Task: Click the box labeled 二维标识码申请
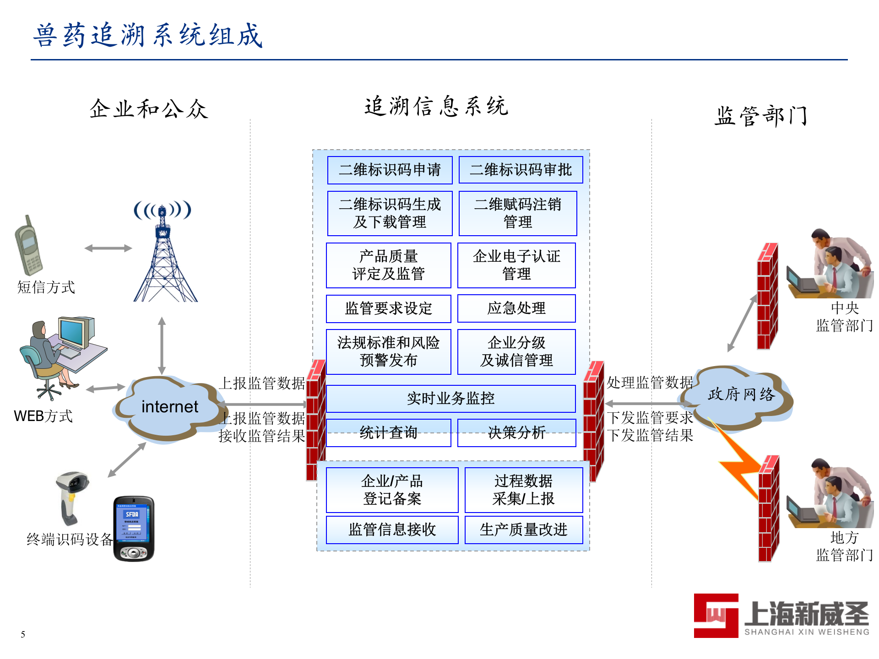pyautogui.click(x=390, y=170)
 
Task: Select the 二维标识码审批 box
pyautogui.click(x=521, y=170)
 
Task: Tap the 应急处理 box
pyautogui.click(x=516, y=308)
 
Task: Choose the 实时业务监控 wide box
pyautogui.click(x=450, y=398)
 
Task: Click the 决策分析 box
pyautogui.click(x=516, y=432)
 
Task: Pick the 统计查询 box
pyautogui.click(x=388, y=432)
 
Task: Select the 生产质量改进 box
pyautogui.click(x=523, y=529)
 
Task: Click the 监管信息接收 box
pyautogui.click(x=392, y=529)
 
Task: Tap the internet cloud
pyautogui.click(x=169, y=407)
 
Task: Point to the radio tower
pyautogui.click(x=163, y=256)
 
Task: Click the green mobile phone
pyautogui.click(x=28, y=247)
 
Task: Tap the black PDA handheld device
pyautogui.click(x=134, y=529)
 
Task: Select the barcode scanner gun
pyautogui.click(x=72, y=497)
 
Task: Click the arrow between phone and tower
pyautogui.click(x=108, y=248)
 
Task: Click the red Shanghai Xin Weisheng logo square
pyautogui.click(x=716, y=616)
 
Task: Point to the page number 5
pyautogui.click(x=23, y=634)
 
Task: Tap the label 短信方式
pyautogui.click(x=46, y=287)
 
